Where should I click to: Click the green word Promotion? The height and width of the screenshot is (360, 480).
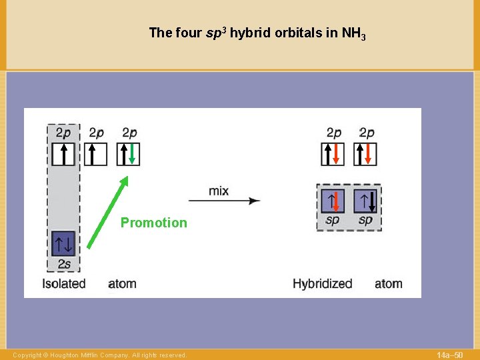click(153, 223)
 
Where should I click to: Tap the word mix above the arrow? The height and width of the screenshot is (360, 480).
click(219, 191)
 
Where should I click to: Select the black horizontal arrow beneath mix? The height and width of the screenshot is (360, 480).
click(224, 201)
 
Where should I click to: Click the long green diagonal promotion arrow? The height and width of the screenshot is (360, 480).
click(107, 212)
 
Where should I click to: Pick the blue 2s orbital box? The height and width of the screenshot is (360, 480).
click(63, 243)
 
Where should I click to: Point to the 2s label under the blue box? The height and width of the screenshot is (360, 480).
click(63, 265)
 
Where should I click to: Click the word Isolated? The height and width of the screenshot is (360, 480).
click(64, 283)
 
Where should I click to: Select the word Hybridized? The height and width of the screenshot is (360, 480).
click(322, 283)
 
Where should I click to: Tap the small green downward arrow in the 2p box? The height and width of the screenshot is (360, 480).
click(132, 154)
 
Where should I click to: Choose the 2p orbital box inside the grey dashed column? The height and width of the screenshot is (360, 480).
click(63, 154)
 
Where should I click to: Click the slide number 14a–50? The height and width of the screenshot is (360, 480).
click(449, 355)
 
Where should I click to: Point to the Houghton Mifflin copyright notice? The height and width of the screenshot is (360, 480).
click(100, 355)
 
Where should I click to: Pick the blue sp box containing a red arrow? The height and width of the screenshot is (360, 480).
click(332, 201)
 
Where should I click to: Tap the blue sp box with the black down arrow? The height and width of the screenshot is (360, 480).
click(366, 201)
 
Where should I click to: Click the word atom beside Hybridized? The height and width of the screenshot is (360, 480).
click(388, 283)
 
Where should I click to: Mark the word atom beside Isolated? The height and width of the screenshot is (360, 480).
click(122, 283)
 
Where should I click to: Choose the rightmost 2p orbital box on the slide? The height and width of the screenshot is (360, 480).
click(366, 154)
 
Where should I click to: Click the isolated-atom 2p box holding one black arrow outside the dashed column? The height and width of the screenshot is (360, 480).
click(96, 154)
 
